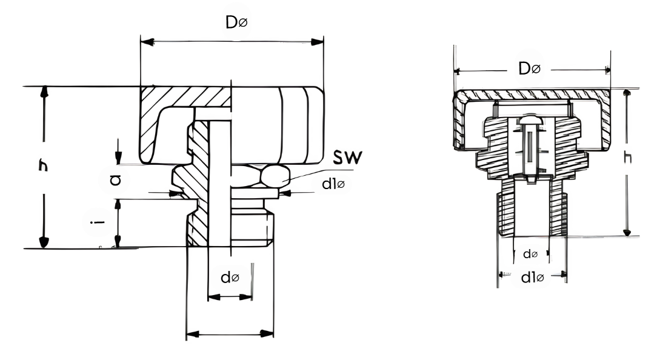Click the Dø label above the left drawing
(x=236, y=22)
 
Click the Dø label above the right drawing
(x=530, y=68)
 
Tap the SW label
(x=347, y=157)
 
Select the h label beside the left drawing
(x=43, y=165)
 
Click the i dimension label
(x=99, y=221)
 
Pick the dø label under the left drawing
(x=230, y=277)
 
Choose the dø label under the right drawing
(x=530, y=253)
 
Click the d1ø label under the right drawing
(x=532, y=278)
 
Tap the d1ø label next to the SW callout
(x=333, y=184)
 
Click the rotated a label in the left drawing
(x=115, y=180)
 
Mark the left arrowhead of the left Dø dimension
(x=147, y=42)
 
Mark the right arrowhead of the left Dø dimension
(x=317, y=41)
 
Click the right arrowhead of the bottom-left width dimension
(x=267, y=333)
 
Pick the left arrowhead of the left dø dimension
(x=214, y=297)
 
